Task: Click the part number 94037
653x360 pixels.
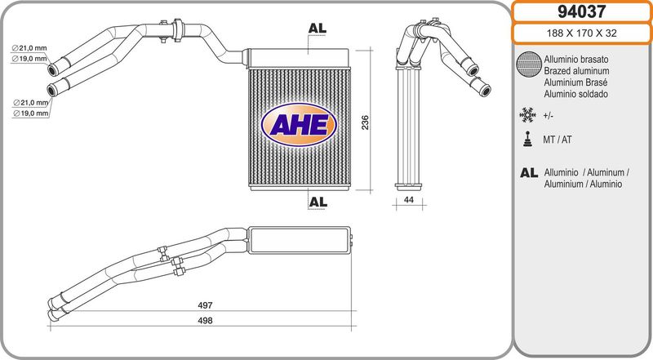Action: click(582, 11)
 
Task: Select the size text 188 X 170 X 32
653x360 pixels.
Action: click(581, 33)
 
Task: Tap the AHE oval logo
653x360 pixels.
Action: click(299, 125)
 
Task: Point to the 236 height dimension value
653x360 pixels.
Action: click(365, 122)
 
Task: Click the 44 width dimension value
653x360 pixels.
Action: click(409, 200)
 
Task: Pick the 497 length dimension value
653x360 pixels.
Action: click(205, 305)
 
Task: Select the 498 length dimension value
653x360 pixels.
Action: click(205, 321)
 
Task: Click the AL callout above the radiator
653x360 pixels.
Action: click(318, 29)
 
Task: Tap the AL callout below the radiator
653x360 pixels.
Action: click(318, 202)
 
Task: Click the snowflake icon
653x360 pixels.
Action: click(527, 115)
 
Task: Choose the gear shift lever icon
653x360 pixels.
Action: click(528, 139)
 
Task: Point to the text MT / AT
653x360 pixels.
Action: click(557, 140)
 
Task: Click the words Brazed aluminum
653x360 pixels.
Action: click(576, 71)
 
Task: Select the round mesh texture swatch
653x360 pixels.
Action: click(529, 64)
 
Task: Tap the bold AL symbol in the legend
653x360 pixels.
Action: click(529, 172)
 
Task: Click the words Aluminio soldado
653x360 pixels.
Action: click(576, 94)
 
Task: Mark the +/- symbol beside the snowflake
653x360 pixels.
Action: click(548, 116)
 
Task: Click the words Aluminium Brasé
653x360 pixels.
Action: click(575, 82)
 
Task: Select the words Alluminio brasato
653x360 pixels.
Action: click(576, 60)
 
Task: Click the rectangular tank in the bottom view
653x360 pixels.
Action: click(299, 240)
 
